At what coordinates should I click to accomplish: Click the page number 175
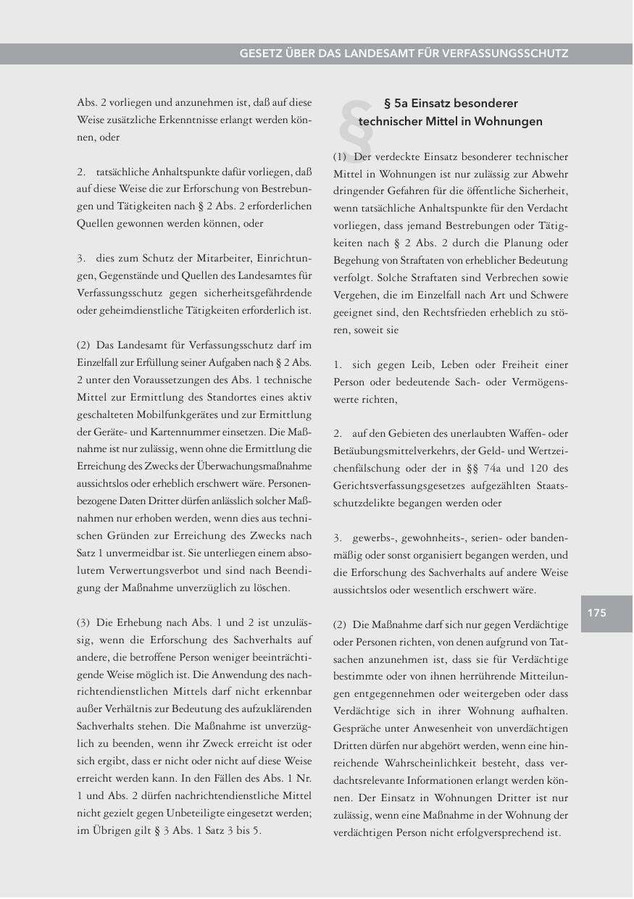tap(596, 614)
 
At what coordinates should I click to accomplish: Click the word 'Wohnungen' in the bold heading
tap(512, 122)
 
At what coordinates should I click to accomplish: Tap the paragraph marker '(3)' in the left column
tap(84, 622)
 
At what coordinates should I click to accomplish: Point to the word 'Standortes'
tap(206, 397)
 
